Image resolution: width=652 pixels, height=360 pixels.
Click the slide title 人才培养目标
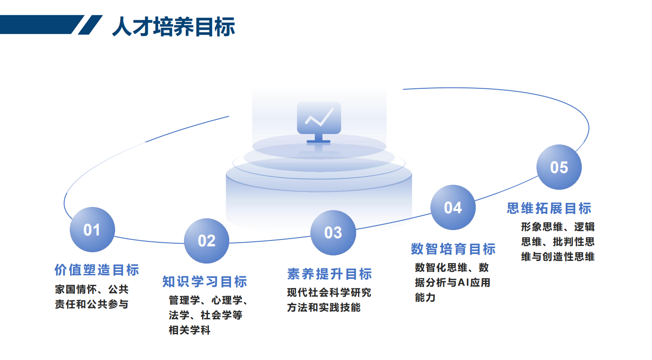coord(174,26)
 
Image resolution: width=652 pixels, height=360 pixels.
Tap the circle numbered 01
coord(92,230)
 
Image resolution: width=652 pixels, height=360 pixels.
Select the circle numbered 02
coord(207,241)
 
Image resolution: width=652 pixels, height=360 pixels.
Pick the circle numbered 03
coord(333,233)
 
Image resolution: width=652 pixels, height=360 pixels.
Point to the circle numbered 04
coord(453,207)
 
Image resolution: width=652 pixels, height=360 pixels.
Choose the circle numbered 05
coord(559,167)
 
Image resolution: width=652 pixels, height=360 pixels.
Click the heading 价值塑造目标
coord(97,270)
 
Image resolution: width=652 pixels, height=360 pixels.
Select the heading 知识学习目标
coord(205,282)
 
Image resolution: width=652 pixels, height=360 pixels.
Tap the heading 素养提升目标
coord(329,274)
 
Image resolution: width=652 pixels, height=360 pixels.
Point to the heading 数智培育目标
coord(453,249)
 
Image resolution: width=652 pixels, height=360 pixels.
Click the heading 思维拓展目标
coord(549,208)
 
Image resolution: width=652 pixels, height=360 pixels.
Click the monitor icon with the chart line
coord(319,122)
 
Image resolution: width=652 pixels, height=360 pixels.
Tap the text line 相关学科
coord(189,330)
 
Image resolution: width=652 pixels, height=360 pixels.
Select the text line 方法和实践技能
coord(324,307)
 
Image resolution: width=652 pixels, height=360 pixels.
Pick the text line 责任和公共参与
coord(92,304)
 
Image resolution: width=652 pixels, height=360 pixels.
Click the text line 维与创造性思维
coord(558,257)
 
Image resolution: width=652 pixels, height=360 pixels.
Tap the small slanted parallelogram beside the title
coord(90,25)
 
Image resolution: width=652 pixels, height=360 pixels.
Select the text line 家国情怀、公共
coord(92,289)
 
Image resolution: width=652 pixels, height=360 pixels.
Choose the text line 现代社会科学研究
coord(329,293)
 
